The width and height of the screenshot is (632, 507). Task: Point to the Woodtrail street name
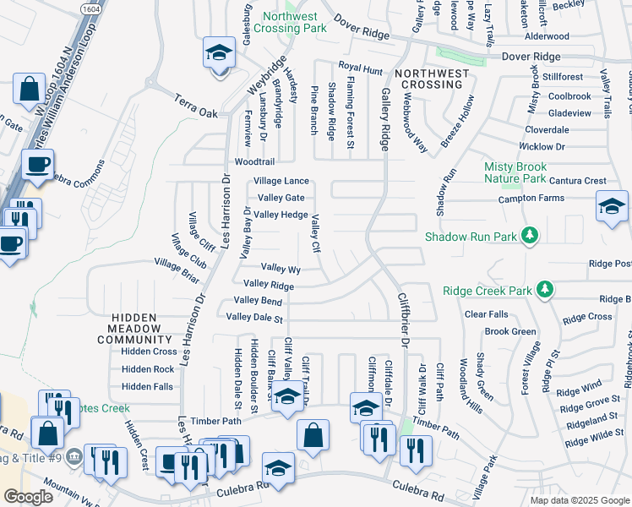click(x=254, y=161)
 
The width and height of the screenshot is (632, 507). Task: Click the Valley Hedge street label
click(x=281, y=215)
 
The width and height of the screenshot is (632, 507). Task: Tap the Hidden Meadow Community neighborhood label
click(x=134, y=329)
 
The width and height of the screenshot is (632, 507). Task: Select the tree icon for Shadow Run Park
click(x=530, y=235)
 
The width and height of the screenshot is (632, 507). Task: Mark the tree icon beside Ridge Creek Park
click(x=546, y=291)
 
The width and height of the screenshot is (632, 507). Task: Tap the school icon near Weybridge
click(x=218, y=54)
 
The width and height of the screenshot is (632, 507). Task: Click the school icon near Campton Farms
click(x=612, y=206)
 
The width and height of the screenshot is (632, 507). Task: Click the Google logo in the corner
click(x=28, y=497)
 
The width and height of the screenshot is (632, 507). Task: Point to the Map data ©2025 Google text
click(x=578, y=499)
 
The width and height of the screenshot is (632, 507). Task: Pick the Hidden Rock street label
click(x=148, y=369)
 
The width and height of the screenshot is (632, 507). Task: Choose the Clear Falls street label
click(x=486, y=314)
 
